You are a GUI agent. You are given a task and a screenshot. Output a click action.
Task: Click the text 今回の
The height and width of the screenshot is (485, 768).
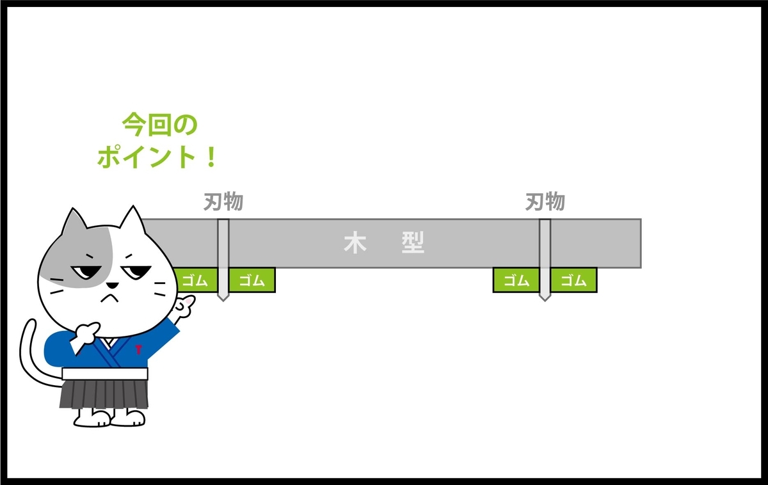click(x=159, y=125)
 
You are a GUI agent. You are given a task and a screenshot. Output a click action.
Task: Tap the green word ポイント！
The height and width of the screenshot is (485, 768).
click(x=157, y=157)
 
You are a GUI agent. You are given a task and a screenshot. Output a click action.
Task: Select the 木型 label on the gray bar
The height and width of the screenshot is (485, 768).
click(x=384, y=243)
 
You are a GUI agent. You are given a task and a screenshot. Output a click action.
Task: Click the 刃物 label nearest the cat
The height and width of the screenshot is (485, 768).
click(x=223, y=202)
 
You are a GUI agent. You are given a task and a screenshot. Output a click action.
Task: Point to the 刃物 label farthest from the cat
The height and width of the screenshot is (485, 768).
click(x=545, y=202)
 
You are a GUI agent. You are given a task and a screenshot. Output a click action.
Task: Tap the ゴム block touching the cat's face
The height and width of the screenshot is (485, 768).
click(x=195, y=280)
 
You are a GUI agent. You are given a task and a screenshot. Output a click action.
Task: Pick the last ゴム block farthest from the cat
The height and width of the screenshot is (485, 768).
click(x=574, y=280)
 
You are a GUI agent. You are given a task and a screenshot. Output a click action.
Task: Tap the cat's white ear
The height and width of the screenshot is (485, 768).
click(x=132, y=224)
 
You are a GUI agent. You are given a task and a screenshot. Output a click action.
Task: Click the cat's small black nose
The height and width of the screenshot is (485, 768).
click(x=111, y=285)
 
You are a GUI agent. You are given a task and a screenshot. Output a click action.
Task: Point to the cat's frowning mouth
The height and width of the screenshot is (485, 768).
click(x=111, y=296)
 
